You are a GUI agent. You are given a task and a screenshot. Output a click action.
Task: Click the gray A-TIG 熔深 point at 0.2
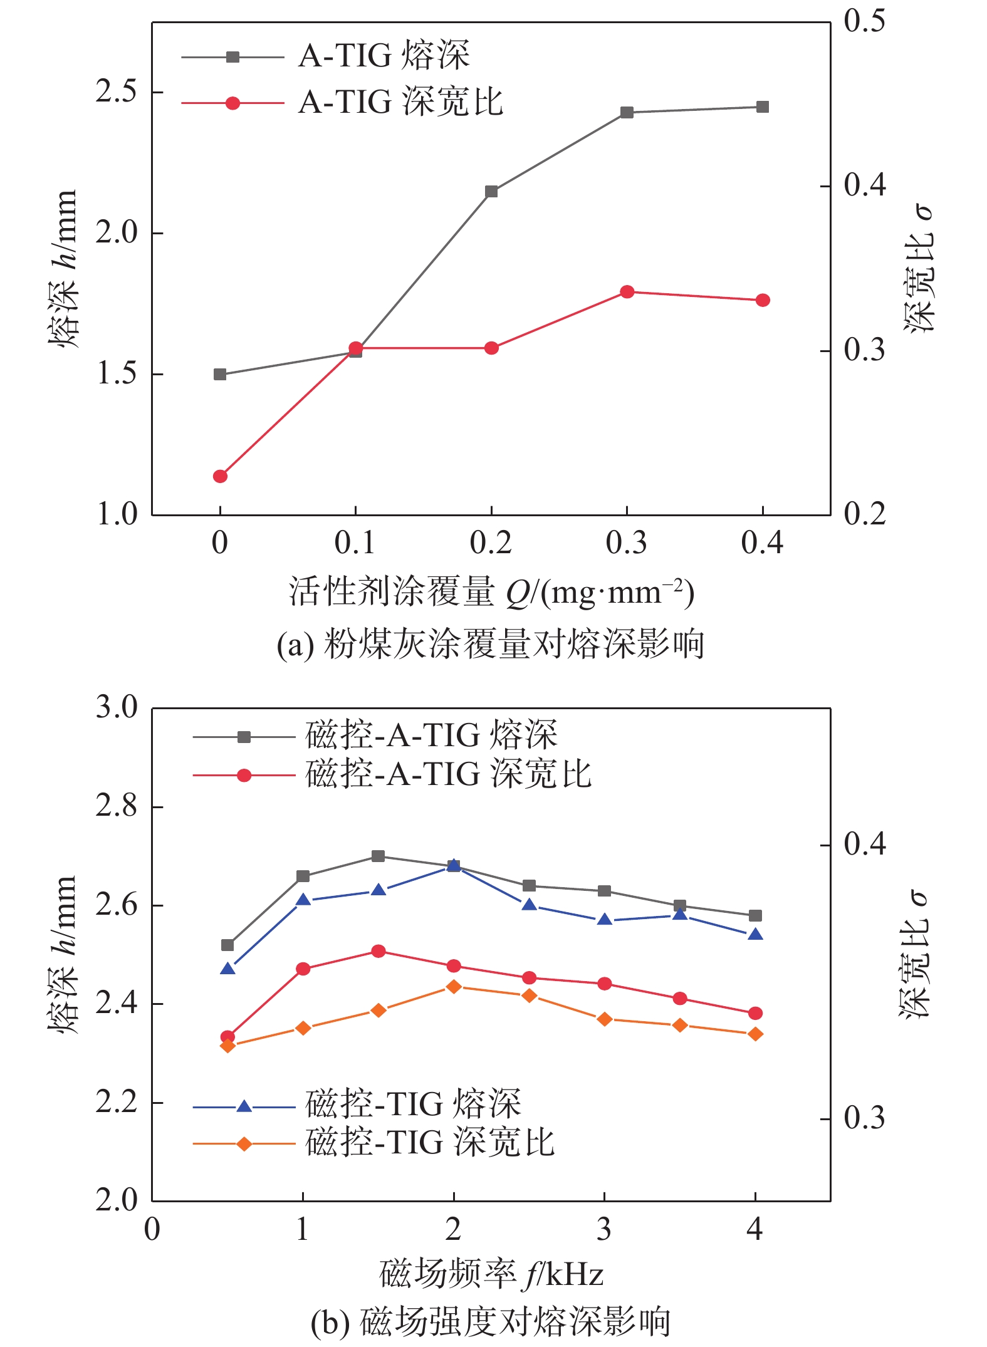coord(491,191)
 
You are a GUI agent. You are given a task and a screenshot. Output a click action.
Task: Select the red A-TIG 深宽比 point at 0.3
coord(627,292)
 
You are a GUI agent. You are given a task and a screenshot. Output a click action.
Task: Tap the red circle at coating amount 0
coord(220,476)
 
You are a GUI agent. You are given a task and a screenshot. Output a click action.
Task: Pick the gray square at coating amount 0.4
coord(763,107)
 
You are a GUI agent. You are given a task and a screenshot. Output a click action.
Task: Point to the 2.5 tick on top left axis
coord(116,92)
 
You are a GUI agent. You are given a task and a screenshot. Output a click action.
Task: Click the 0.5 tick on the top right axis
coord(864,21)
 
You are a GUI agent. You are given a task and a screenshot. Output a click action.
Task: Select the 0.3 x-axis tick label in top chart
coord(627,543)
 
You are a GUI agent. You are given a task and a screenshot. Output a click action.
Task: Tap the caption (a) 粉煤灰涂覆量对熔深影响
coord(491,644)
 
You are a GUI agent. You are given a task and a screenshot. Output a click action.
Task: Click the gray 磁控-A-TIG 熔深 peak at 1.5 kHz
coord(378,856)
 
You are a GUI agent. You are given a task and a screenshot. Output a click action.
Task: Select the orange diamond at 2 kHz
coord(454,987)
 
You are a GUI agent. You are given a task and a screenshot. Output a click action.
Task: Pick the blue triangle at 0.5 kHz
coord(227,969)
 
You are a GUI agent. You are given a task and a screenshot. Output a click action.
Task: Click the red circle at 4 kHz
coord(756,1013)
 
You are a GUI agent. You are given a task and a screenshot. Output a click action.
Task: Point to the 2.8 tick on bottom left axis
coord(116,806)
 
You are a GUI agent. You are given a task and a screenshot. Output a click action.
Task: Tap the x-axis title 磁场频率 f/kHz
coord(491,1274)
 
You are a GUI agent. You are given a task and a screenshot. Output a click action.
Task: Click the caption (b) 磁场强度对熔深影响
coord(491,1322)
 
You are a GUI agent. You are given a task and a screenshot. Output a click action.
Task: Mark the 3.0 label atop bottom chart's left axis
coord(116,707)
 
